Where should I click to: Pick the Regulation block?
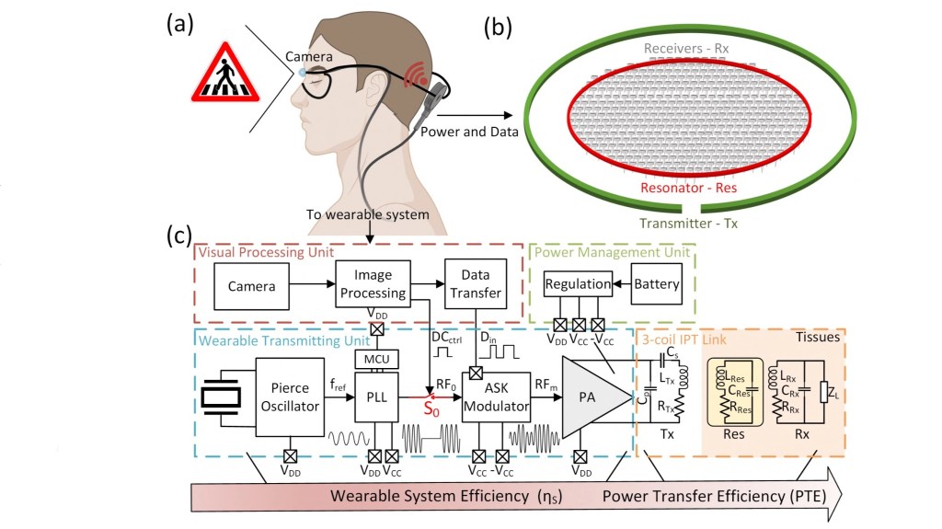click(x=577, y=284)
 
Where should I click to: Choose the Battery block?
click(x=655, y=284)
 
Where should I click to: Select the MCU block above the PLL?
click(x=373, y=356)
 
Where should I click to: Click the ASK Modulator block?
click(x=497, y=397)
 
